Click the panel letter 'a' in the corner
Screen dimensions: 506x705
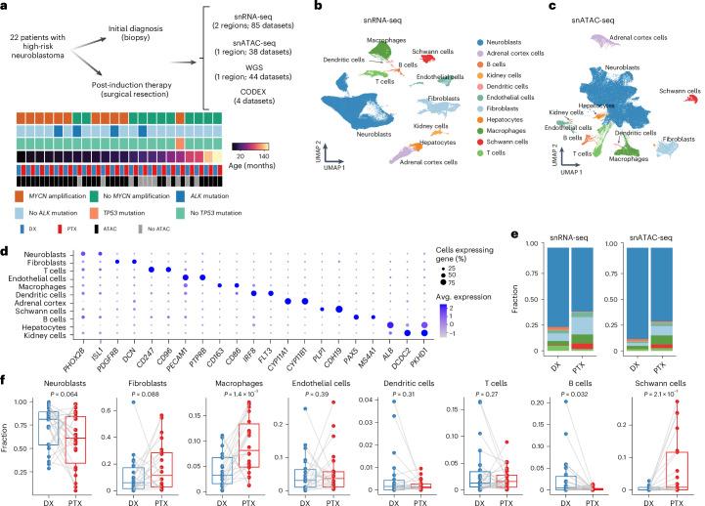(x=6, y=7)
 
